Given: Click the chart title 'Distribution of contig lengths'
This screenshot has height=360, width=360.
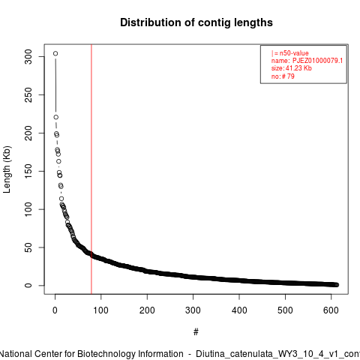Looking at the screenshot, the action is point(196,22).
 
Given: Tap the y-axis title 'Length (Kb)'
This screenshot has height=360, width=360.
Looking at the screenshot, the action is point(7,169).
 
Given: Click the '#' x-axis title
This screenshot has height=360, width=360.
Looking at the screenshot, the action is point(196,332).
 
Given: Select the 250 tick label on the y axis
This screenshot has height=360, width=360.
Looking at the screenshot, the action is point(28,95).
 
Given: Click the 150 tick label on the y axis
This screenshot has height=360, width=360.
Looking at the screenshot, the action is point(28,171).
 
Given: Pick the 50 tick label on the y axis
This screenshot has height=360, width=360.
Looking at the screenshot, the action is point(28,247).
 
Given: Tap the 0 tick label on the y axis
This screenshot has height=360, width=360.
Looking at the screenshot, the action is point(28,286).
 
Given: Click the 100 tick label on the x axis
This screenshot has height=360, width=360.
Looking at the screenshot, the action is point(101,310).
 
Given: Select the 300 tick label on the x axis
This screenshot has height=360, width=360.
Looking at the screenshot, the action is point(193,310).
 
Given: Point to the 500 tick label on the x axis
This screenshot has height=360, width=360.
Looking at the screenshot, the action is point(285,310).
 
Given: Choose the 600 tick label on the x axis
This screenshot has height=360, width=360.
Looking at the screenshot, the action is point(331,310).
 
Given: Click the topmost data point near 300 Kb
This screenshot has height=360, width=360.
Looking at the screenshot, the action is point(55,53).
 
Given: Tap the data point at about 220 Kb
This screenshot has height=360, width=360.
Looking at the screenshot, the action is point(56,117).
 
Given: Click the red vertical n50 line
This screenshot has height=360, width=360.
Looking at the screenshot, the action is point(91,169).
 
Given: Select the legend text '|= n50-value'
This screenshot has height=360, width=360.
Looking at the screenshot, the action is point(290,53).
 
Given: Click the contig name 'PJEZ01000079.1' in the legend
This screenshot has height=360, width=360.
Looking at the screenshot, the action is point(317,61).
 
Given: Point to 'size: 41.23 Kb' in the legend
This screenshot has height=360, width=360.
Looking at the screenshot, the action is point(292,68).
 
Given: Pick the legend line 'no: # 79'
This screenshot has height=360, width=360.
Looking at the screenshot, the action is point(283,76).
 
